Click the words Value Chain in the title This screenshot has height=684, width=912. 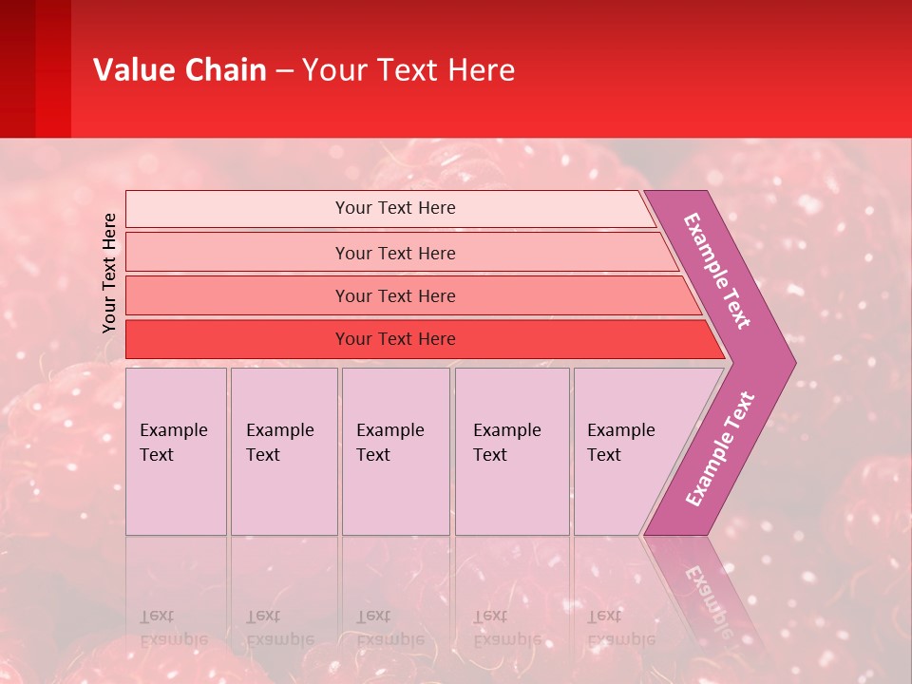click(x=180, y=69)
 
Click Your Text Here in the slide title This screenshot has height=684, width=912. click(x=408, y=69)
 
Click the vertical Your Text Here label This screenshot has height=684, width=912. click(x=109, y=273)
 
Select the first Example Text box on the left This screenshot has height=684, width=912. click(x=176, y=451)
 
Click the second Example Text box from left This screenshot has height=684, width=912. click(x=283, y=451)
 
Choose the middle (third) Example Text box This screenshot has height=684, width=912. click(x=395, y=451)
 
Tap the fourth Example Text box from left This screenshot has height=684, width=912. click(x=511, y=451)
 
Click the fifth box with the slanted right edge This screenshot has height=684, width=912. click(x=627, y=451)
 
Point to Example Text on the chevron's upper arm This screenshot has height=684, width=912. click(x=717, y=271)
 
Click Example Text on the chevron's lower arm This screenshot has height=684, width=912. click(x=719, y=449)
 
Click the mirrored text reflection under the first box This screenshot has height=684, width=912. click(x=173, y=628)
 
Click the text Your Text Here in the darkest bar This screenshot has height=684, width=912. click(x=395, y=339)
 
